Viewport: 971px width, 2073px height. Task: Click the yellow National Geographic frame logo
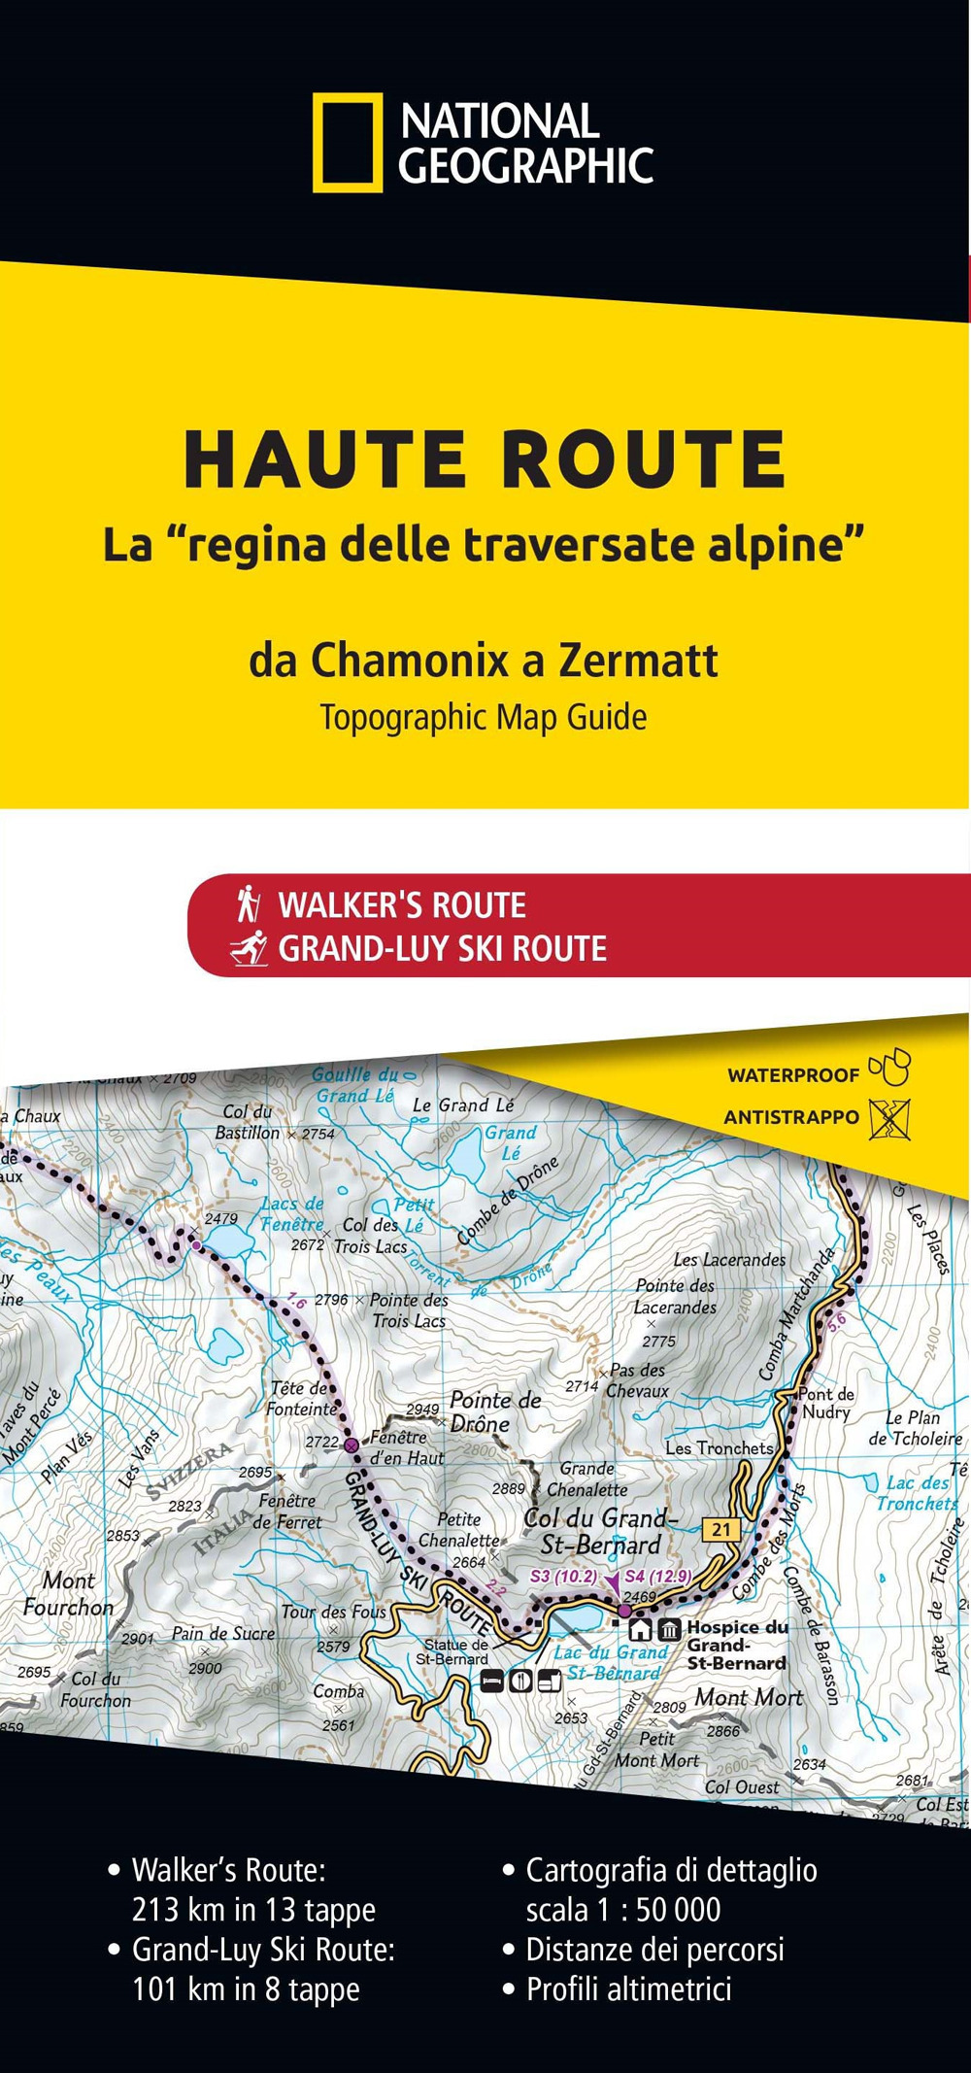[x=348, y=143]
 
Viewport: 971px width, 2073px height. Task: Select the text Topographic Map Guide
[x=484, y=718]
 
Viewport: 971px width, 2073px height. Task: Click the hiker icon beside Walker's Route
[x=249, y=903]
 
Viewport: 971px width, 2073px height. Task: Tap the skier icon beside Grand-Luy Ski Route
[x=250, y=948]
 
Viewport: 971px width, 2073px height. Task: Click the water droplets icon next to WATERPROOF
[x=889, y=1068]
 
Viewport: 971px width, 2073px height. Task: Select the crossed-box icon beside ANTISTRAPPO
[x=889, y=1119]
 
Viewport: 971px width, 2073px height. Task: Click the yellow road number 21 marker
[x=720, y=1529]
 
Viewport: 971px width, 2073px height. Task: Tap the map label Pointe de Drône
[x=494, y=1410]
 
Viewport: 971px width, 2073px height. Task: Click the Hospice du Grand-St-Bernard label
[x=736, y=1645]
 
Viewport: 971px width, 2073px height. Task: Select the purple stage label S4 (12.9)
[x=657, y=1576]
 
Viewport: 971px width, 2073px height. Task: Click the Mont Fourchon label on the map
[x=68, y=1594]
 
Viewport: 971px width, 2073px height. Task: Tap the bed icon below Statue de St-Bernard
[x=492, y=1681]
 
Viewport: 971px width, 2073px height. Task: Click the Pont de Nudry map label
[x=826, y=1402]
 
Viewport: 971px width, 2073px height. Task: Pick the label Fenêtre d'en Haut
[x=406, y=1447]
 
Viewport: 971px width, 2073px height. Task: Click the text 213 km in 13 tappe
[x=253, y=1909]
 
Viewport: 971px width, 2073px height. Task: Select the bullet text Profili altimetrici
[x=628, y=1988]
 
